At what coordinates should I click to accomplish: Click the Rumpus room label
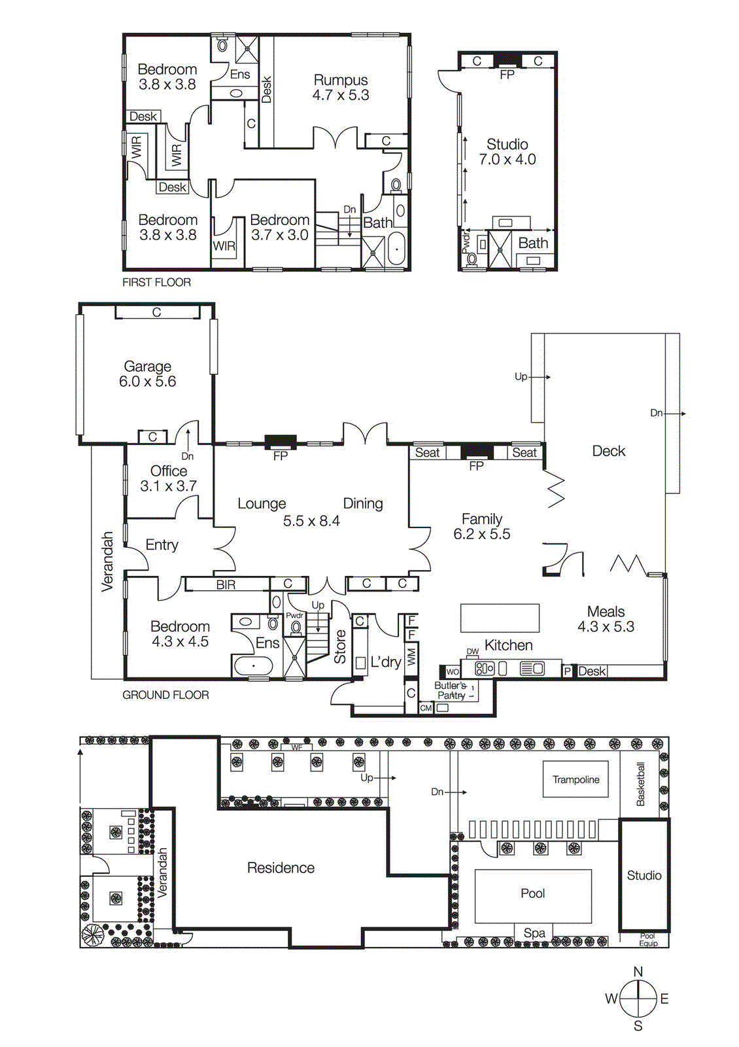(x=341, y=80)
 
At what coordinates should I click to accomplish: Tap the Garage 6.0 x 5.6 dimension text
(x=147, y=382)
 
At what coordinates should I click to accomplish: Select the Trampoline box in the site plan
(x=576, y=779)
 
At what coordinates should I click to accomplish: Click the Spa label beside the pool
(x=534, y=933)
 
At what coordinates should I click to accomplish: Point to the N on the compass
(x=638, y=972)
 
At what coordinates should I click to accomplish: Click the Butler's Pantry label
(x=451, y=690)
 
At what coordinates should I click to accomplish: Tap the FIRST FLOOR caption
(x=156, y=282)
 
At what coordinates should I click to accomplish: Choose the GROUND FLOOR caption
(x=165, y=695)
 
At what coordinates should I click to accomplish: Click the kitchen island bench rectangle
(x=500, y=618)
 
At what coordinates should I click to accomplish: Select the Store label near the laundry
(x=340, y=647)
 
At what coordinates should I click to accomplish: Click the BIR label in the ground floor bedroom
(x=226, y=584)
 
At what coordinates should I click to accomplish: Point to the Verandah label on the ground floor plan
(x=108, y=561)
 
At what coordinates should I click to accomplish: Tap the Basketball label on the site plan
(x=641, y=784)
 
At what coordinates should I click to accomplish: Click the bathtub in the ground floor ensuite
(x=253, y=666)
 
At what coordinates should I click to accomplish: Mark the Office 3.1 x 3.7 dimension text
(x=168, y=486)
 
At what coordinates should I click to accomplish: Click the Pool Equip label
(x=647, y=940)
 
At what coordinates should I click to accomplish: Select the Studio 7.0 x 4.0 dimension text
(x=507, y=160)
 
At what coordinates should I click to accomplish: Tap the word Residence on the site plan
(x=281, y=868)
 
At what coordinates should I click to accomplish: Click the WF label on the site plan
(x=297, y=747)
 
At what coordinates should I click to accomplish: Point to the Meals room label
(x=606, y=611)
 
